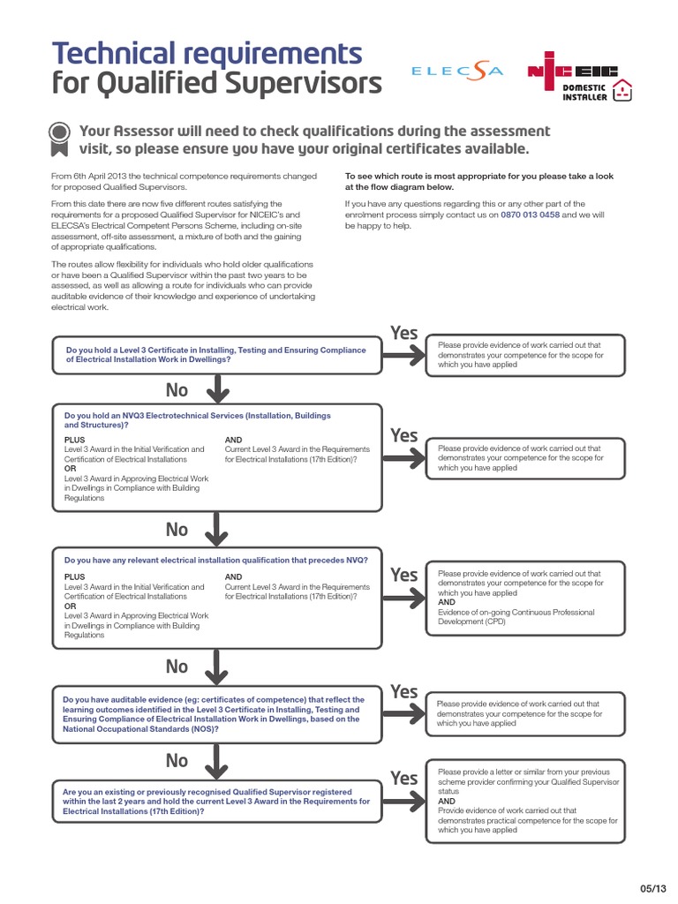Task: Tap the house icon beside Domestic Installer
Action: pyautogui.click(x=623, y=89)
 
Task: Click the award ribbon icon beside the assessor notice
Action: pyautogui.click(x=59, y=134)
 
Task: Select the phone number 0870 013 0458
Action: pyautogui.click(x=530, y=215)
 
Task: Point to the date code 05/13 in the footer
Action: pyautogui.click(x=651, y=887)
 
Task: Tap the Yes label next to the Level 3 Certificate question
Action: pyautogui.click(x=404, y=333)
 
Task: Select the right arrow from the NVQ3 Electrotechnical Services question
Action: pyautogui.click(x=405, y=458)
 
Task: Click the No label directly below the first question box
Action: pyautogui.click(x=177, y=389)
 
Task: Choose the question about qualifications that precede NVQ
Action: pyautogui.click(x=216, y=560)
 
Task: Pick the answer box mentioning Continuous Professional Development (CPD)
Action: pyautogui.click(x=525, y=598)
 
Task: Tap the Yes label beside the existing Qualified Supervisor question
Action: pyautogui.click(x=404, y=778)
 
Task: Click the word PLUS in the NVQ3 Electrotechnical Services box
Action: pyautogui.click(x=75, y=439)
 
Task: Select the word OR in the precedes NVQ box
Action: pyautogui.click(x=70, y=606)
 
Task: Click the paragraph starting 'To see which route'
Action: pyautogui.click(x=478, y=182)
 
